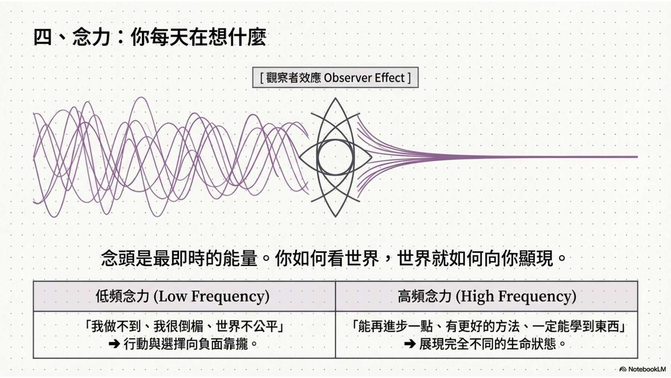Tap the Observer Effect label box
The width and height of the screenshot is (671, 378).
[335, 78]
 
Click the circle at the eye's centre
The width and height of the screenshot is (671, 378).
[335, 157]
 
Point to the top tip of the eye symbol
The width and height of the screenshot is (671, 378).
[335, 99]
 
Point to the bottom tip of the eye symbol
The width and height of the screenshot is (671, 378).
[335, 216]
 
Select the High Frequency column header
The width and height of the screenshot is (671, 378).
[486, 296]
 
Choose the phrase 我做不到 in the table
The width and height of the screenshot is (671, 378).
[116, 327]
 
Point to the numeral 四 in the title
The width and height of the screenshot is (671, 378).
[42, 37]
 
